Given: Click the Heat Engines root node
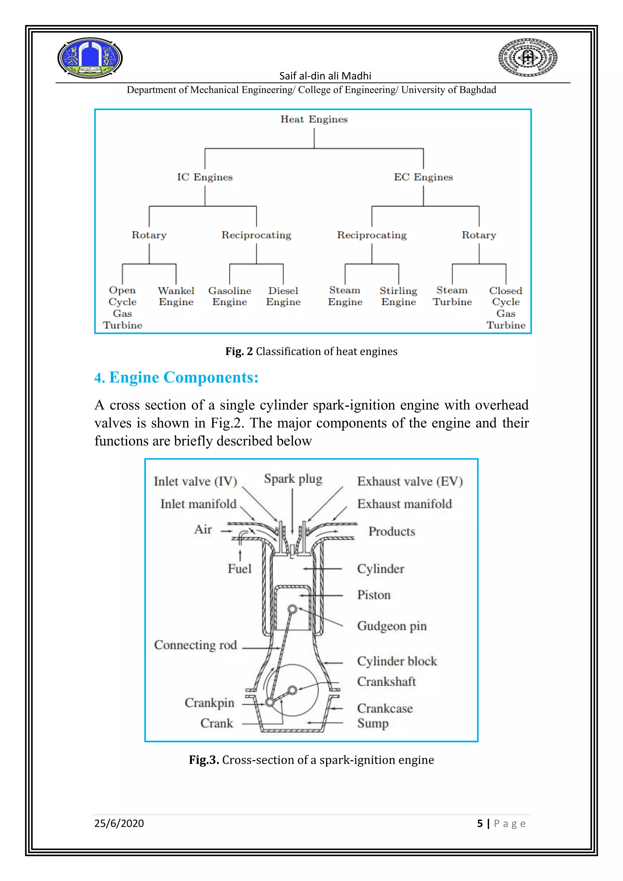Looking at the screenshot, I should click(314, 119).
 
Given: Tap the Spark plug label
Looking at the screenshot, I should click(293, 479).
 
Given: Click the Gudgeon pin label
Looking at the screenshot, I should click(392, 626).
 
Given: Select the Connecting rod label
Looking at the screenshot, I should click(195, 645).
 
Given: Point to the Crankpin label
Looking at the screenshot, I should click(210, 702).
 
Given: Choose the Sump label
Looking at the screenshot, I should click(373, 723).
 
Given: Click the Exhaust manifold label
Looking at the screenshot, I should click(404, 504).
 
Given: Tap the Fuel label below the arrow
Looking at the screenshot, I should click(239, 569).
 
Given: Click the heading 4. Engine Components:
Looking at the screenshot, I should click(176, 378).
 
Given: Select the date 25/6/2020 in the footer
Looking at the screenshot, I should click(119, 824).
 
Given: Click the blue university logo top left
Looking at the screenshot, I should click(90, 58).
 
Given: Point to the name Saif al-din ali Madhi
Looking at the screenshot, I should click(325, 76).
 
